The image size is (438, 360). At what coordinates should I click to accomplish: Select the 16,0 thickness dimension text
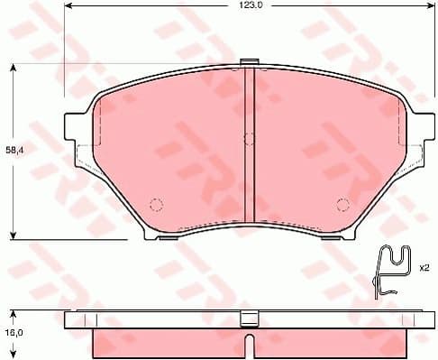point(14,332)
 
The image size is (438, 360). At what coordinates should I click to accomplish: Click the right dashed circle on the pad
point(342,202)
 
